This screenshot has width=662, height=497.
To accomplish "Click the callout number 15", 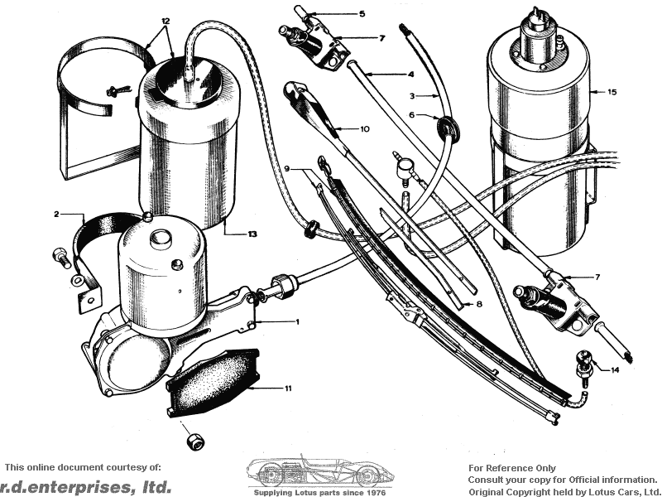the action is [x=612, y=92].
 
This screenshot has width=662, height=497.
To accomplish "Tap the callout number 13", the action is [x=252, y=234].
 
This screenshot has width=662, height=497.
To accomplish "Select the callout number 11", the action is [x=288, y=388].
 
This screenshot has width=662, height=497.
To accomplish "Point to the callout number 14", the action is [x=615, y=369].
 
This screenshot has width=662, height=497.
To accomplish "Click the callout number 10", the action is [x=365, y=129].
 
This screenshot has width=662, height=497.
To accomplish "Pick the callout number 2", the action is [x=56, y=215].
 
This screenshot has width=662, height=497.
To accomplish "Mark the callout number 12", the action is [x=165, y=21].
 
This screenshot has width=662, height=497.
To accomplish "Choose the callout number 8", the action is [x=479, y=304].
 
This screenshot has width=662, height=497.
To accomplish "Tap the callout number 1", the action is [x=297, y=322].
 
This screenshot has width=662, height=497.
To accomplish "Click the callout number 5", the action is [x=362, y=14].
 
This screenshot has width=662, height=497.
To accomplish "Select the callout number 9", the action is [x=287, y=169].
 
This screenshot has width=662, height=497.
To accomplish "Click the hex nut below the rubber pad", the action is [x=195, y=442].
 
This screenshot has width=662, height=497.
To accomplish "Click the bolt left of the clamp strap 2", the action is [x=61, y=258].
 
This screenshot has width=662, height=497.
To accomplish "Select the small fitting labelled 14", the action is [x=585, y=367].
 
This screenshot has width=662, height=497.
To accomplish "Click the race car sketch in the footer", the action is [x=320, y=471].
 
